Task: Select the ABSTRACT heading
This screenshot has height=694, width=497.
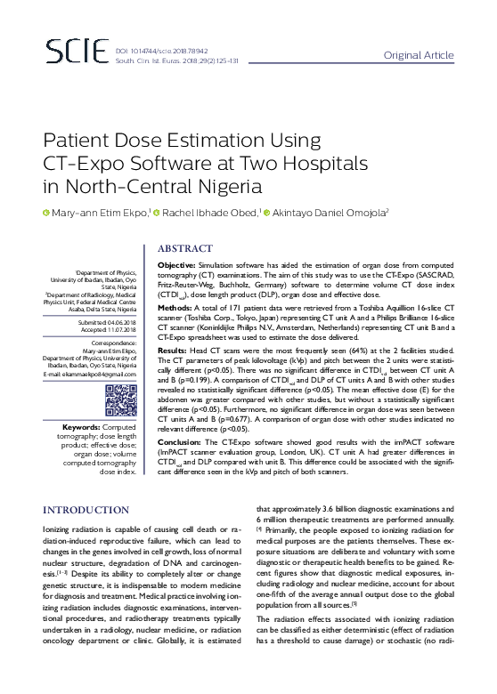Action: [x=185, y=248]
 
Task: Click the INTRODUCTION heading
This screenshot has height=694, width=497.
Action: [x=86, y=510]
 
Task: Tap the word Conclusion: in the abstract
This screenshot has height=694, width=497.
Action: [x=181, y=441]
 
